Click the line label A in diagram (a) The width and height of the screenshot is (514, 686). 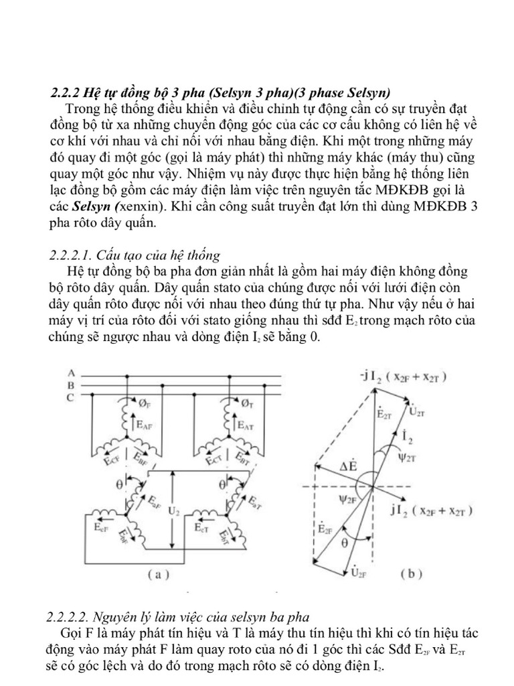point(71,373)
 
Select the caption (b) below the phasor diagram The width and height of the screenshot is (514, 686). point(410,574)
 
